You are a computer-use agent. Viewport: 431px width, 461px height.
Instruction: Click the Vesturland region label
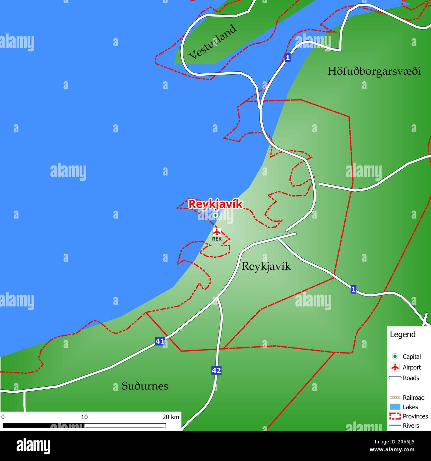click(x=213, y=42)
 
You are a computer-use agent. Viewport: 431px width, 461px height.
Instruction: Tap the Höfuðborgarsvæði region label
click(x=374, y=71)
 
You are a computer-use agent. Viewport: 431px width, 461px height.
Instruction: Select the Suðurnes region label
click(x=145, y=386)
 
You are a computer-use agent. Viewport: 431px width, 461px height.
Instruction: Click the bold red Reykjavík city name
click(x=215, y=204)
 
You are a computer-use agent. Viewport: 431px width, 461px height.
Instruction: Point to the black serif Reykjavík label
click(x=266, y=266)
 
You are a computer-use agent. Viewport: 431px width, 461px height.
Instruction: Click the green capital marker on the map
click(x=215, y=215)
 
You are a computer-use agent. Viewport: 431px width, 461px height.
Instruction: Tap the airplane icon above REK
click(x=217, y=231)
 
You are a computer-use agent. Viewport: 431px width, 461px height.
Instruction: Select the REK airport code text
click(x=217, y=239)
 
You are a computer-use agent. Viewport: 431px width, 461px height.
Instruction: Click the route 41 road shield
click(x=160, y=341)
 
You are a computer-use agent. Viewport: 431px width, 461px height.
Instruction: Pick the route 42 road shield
click(x=216, y=370)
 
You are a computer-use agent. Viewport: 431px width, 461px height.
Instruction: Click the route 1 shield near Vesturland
click(x=287, y=57)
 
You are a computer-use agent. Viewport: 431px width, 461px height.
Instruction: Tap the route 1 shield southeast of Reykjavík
click(x=353, y=289)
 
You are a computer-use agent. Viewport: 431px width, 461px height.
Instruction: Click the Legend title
click(x=402, y=334)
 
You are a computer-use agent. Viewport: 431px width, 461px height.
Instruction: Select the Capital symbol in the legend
click(x=395, y=357)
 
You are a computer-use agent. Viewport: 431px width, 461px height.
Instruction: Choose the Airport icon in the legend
click(x=395, y=367)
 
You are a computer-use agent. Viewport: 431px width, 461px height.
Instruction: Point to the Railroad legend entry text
click(x=413, y=397)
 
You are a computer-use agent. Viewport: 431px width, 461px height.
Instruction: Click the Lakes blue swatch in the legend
click(x=395, y=407)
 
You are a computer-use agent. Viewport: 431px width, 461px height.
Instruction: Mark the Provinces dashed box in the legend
click(x=395, y=416)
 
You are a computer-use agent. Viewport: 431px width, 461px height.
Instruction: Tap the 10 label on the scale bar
click(x=84, y=417)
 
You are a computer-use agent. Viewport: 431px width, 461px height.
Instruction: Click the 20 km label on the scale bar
click(x=171, y=417)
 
